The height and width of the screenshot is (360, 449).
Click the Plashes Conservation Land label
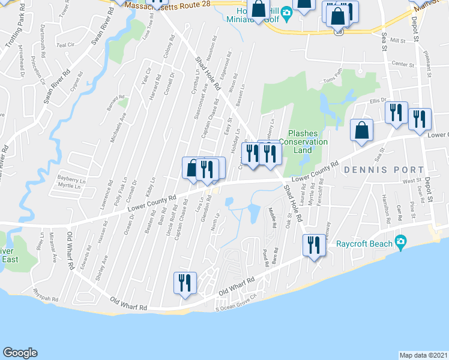[307, 142]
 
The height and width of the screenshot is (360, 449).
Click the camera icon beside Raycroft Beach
[401, 243]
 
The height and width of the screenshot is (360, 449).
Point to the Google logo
[20, 353]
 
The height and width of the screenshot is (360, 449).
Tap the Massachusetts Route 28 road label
[163, 4]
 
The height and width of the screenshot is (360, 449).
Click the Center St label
[403, 64]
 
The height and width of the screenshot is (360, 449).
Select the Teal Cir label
[64, 45]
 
